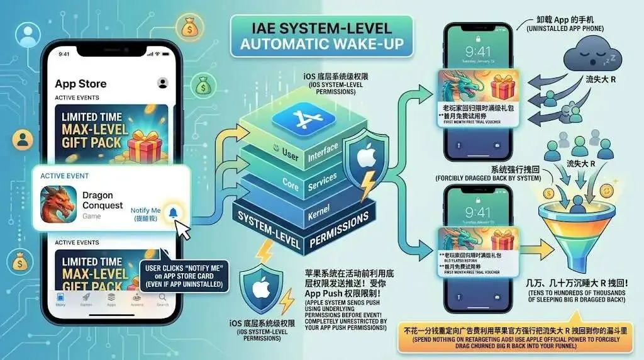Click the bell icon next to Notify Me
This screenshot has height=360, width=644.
pyautogui.click(x=172, y=213)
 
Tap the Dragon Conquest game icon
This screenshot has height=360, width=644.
pyautogui.click(x=58, y=204)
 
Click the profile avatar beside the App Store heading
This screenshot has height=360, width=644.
pyautogui.click(x=163, y=83)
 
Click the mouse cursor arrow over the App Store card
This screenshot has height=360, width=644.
pyautogui.click(x=183, y=231)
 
